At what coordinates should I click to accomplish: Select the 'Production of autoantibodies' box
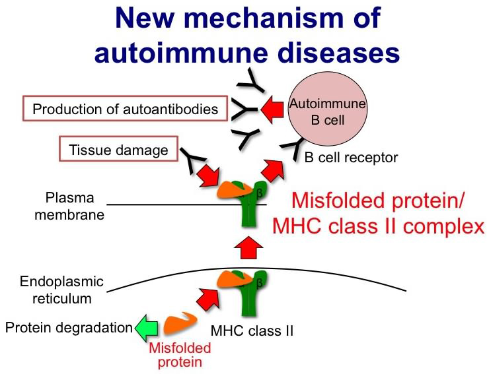pyautogui.click(x=125, y=109)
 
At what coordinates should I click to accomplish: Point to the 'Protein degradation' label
pyautogui.click(x=69, y=327)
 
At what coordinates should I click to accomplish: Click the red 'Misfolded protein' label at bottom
pyautogui.click(x=179, y=354)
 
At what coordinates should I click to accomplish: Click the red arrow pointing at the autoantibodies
pyautogui.click(x=268, y=109)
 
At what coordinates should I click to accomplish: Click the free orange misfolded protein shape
pyautogui.click(x=178, y=324)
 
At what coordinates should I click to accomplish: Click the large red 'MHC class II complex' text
pyautogui.click(x=379, y=226)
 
